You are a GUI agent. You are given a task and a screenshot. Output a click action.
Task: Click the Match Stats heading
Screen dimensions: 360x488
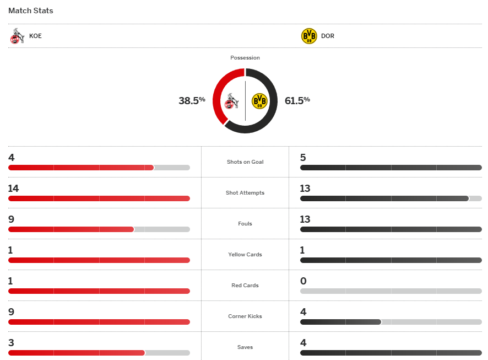31,10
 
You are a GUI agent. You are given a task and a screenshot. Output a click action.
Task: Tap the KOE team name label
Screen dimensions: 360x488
35,36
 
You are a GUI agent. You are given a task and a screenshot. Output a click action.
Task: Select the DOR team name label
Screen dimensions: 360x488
327,36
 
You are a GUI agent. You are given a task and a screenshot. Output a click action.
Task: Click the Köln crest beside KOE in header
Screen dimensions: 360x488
17,36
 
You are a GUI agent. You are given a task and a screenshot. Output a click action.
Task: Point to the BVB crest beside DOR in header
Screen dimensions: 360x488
309,36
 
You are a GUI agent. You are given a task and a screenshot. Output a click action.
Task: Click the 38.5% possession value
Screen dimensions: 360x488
192,100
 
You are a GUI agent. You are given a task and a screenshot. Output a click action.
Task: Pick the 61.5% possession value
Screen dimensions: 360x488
297,100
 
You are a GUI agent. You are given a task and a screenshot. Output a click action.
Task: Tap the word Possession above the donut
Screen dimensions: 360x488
245,57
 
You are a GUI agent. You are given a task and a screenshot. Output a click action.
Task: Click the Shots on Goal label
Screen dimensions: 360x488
245,162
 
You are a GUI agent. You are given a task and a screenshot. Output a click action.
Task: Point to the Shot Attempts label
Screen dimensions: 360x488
245,193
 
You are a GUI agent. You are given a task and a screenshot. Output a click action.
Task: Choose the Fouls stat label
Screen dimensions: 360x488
245,224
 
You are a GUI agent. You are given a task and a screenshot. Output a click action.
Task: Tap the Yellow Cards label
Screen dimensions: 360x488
245,255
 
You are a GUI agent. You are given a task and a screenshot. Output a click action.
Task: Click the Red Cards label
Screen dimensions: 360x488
245,286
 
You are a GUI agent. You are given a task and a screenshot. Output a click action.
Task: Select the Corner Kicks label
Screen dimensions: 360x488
245,316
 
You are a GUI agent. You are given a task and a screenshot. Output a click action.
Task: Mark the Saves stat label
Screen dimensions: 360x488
245,347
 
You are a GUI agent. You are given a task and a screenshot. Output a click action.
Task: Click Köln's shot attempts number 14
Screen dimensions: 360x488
13,189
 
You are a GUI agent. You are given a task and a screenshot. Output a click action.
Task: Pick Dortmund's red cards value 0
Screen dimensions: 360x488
303,281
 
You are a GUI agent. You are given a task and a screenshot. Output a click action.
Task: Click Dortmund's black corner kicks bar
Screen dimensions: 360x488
340,322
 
